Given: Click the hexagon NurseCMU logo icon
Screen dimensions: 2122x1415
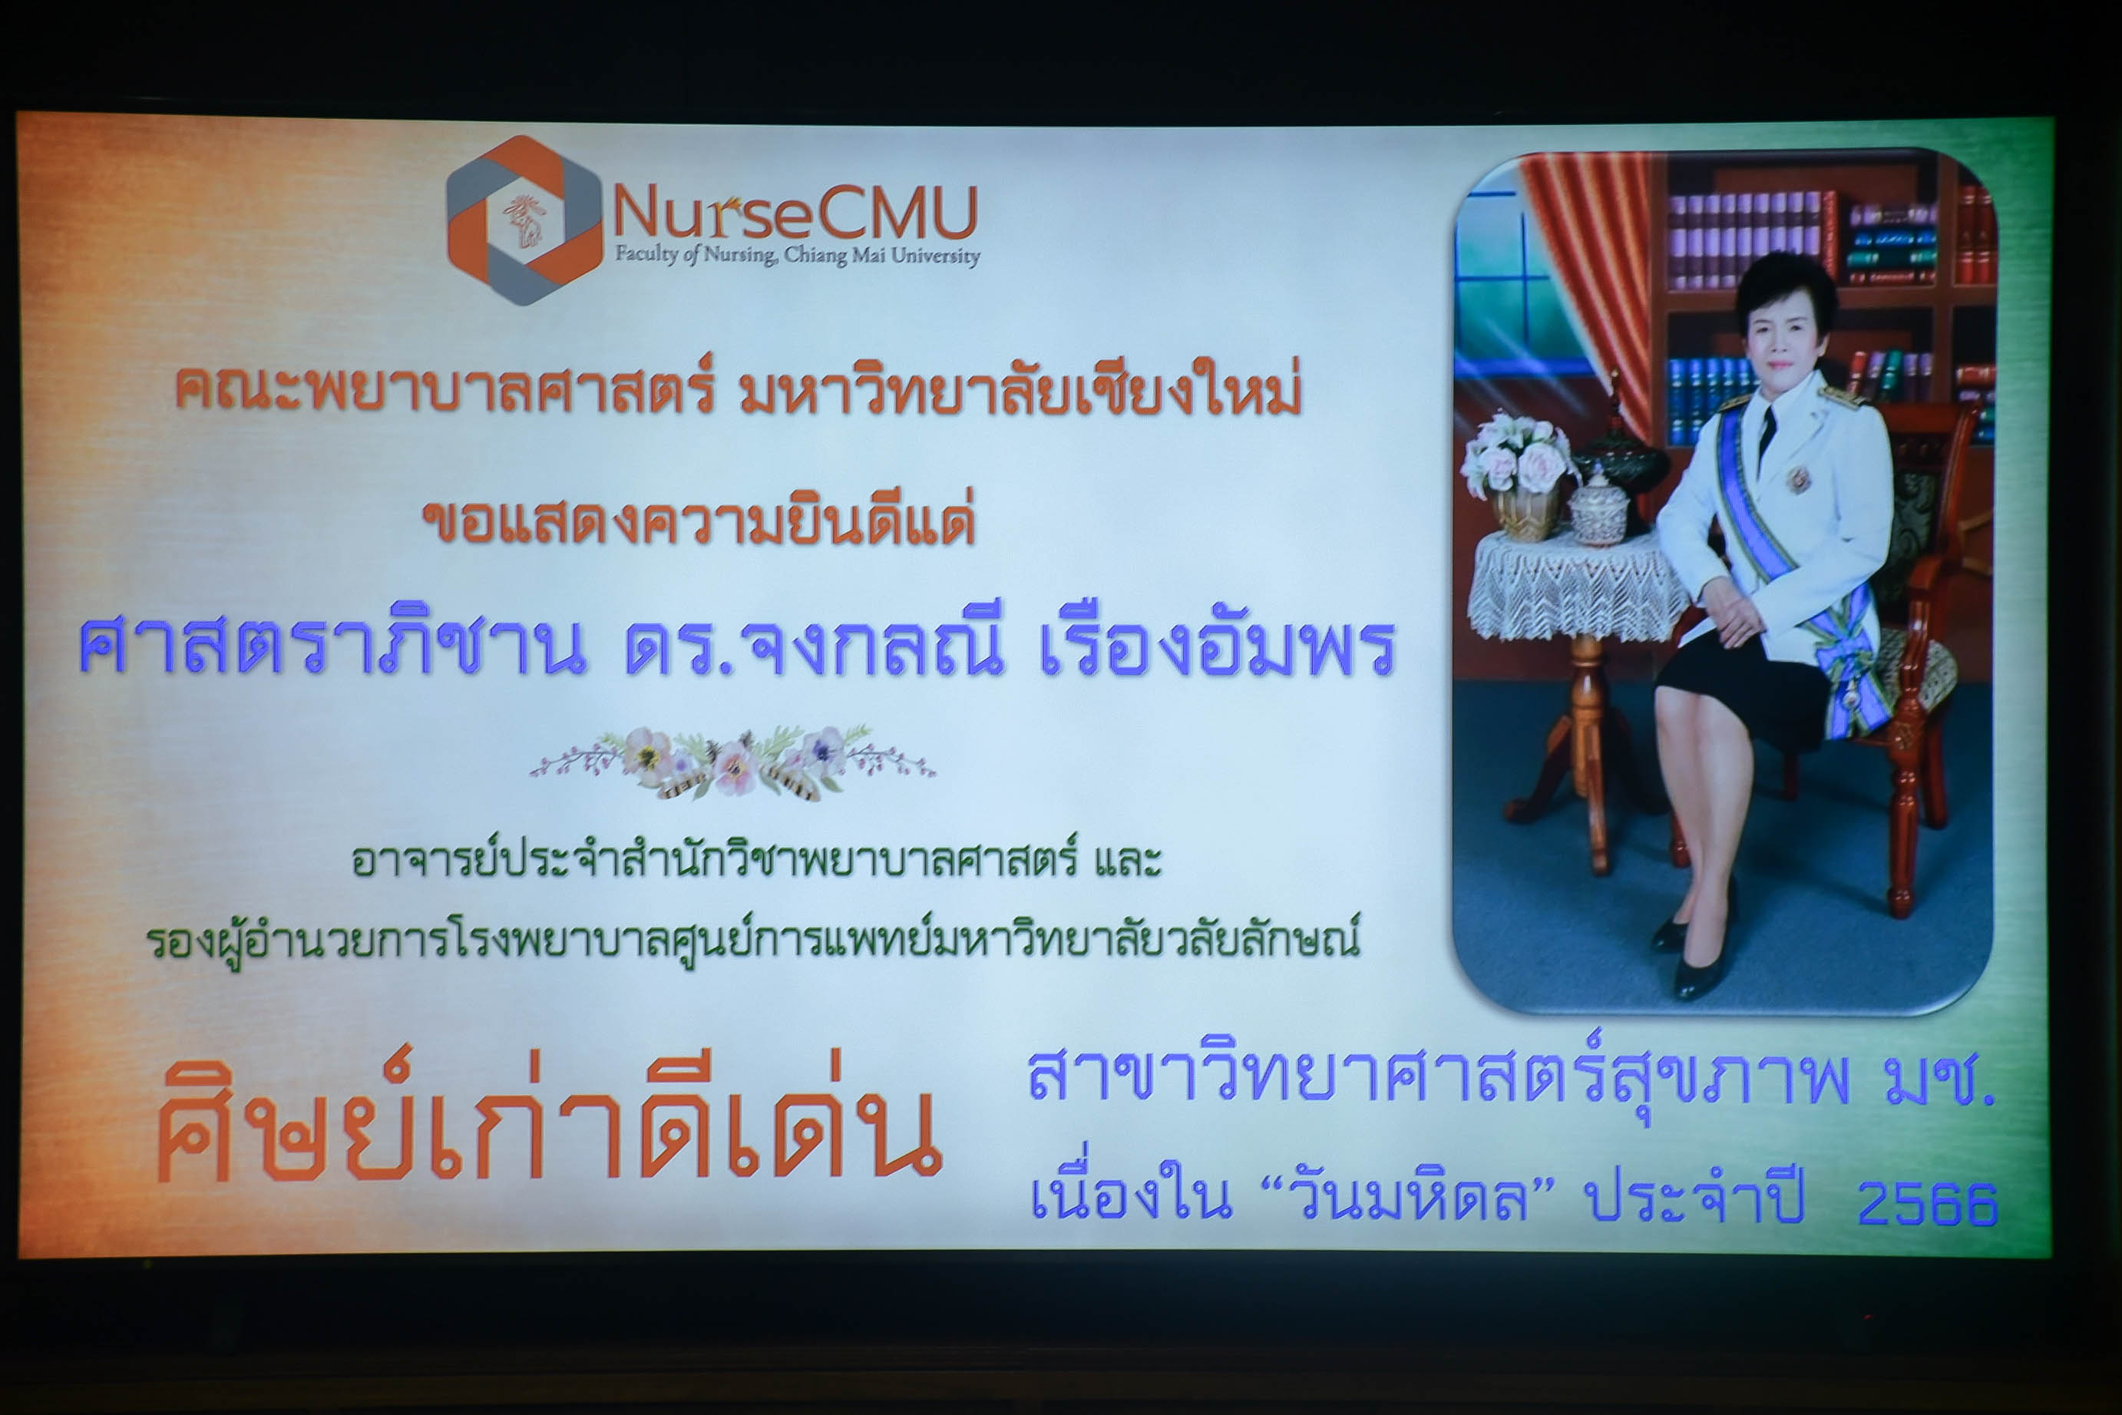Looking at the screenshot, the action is tap(524, 221).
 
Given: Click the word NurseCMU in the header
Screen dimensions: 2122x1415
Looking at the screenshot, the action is tap(795, 212).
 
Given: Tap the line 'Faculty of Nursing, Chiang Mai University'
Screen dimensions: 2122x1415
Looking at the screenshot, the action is tap(798, 256).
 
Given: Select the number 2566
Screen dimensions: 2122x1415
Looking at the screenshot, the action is tap(1927, 1202).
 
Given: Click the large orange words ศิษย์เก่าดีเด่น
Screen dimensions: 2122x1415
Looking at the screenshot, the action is tap(550, 1117).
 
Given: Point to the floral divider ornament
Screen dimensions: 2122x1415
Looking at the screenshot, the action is tap(732, 763).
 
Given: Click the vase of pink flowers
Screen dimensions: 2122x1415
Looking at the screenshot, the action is tap(1519, 474).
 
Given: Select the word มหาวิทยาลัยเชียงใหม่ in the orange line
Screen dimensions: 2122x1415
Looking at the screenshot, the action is tap(1020, 390).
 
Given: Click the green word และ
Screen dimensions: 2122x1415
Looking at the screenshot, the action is tap(1128, 860).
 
